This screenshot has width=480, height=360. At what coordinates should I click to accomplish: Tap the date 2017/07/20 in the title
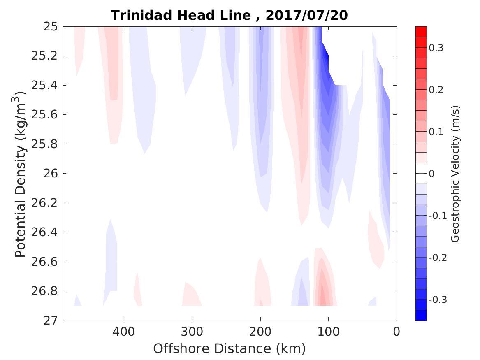click(306, 15)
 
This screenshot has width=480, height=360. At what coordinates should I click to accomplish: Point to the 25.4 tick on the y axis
click(44, 86)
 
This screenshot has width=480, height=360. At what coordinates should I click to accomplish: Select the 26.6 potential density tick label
click(44, 262)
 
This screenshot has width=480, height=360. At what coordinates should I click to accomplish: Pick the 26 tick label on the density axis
click(51, 174)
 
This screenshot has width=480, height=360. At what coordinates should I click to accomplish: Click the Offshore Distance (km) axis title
click(229, 348)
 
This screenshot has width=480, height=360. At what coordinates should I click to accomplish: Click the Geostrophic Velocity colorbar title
click(455, 174)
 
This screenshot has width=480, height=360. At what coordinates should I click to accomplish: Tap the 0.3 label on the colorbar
click(437, 48)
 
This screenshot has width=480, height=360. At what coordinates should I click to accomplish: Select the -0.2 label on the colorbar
click(438, 258)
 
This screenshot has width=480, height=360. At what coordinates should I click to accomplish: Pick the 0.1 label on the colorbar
click(437, 132)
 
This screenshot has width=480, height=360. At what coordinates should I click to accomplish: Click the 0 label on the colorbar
click(431, 174)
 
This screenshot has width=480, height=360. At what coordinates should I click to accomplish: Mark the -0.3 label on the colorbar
click(438, 299)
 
